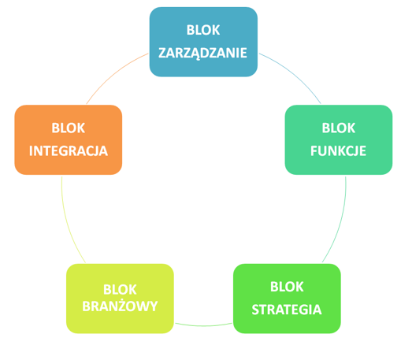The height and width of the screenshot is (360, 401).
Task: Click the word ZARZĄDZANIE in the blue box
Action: coord(202,54)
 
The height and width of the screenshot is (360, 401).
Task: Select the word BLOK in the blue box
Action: coord(203,30)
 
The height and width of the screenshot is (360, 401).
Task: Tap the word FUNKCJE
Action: coord(338,151)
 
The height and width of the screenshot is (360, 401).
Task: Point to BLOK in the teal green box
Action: coord(339,128)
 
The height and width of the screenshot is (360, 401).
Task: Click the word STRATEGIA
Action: coord(287,310)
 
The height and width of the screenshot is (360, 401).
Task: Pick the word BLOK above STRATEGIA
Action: coord(287,287)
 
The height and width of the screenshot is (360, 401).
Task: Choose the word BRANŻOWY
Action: coord(120,306)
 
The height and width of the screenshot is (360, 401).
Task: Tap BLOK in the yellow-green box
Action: coord(120,289)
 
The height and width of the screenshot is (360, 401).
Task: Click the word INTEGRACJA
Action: coord(69,151)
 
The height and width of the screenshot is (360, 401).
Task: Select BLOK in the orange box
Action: coord(69,128)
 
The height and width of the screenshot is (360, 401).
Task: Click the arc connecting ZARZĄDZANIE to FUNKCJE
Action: coord(294,74)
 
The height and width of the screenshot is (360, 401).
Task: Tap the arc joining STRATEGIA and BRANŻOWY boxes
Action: coord(203,325)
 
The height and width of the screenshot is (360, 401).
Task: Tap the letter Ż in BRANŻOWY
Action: coord(128,305)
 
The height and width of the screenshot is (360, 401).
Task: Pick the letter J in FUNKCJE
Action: coord(355,151)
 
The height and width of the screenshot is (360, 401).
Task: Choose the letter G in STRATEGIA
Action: coord(305,310)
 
